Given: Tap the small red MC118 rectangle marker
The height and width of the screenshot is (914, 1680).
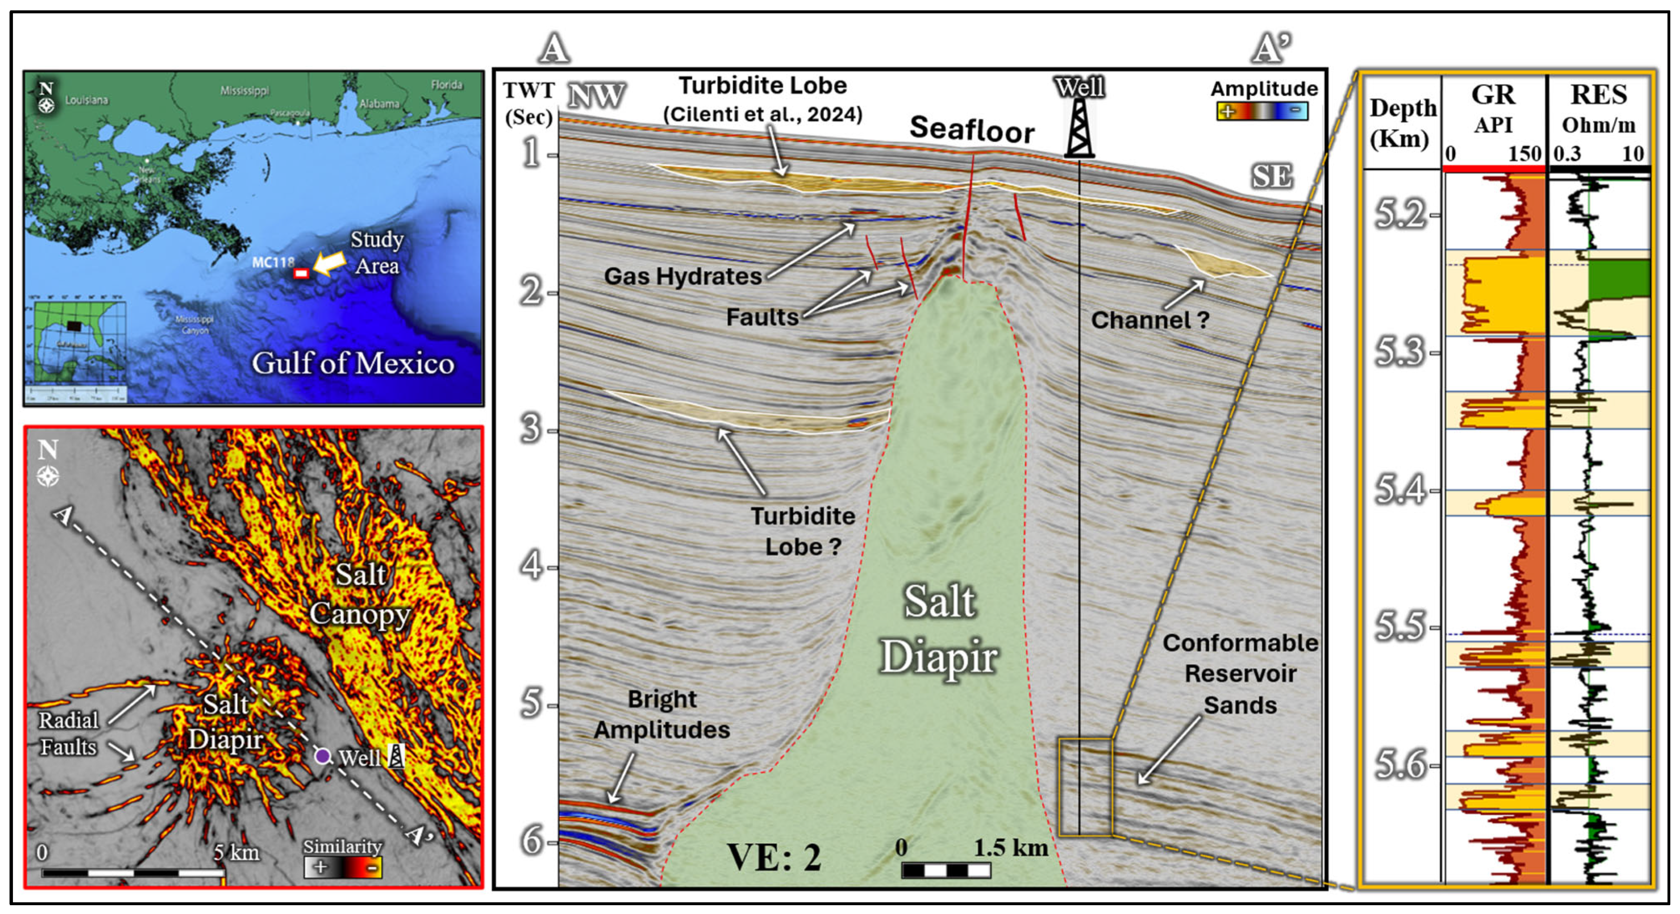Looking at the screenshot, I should point(300,273).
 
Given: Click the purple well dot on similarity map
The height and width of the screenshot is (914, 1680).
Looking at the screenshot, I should point(322,756).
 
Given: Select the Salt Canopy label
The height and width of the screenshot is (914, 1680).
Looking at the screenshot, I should point(359,594).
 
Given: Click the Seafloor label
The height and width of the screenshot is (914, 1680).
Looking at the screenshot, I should point(972,129).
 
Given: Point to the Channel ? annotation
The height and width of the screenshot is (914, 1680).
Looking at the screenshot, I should point(1150,320).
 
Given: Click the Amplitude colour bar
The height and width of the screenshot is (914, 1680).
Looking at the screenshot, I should point(1262,112).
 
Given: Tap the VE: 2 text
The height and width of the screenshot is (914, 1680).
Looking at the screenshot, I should point(774,857).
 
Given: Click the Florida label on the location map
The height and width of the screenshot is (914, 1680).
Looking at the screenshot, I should point(446,85).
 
